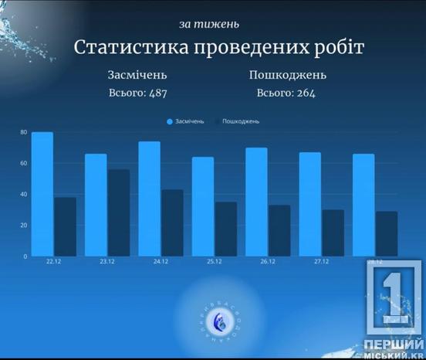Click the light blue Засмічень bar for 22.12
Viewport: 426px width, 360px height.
coord(42,194)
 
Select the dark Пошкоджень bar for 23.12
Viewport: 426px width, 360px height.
coord(118,212)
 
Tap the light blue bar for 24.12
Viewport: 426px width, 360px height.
coord(150,199)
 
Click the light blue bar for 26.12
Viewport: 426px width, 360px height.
coord(256,202)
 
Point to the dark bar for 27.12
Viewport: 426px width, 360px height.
coord(333,233)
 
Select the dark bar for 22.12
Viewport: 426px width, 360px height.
coord(65,226)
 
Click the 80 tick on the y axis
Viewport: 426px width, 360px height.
coord(24,133)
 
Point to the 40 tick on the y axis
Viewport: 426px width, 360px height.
coord(24,195)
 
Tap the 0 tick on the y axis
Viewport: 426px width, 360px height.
coord(25,256)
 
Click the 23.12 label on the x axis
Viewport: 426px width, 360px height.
coord(107,263)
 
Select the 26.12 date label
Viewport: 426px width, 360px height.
coord(267,263)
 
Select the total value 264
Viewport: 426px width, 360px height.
coord(303,93)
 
